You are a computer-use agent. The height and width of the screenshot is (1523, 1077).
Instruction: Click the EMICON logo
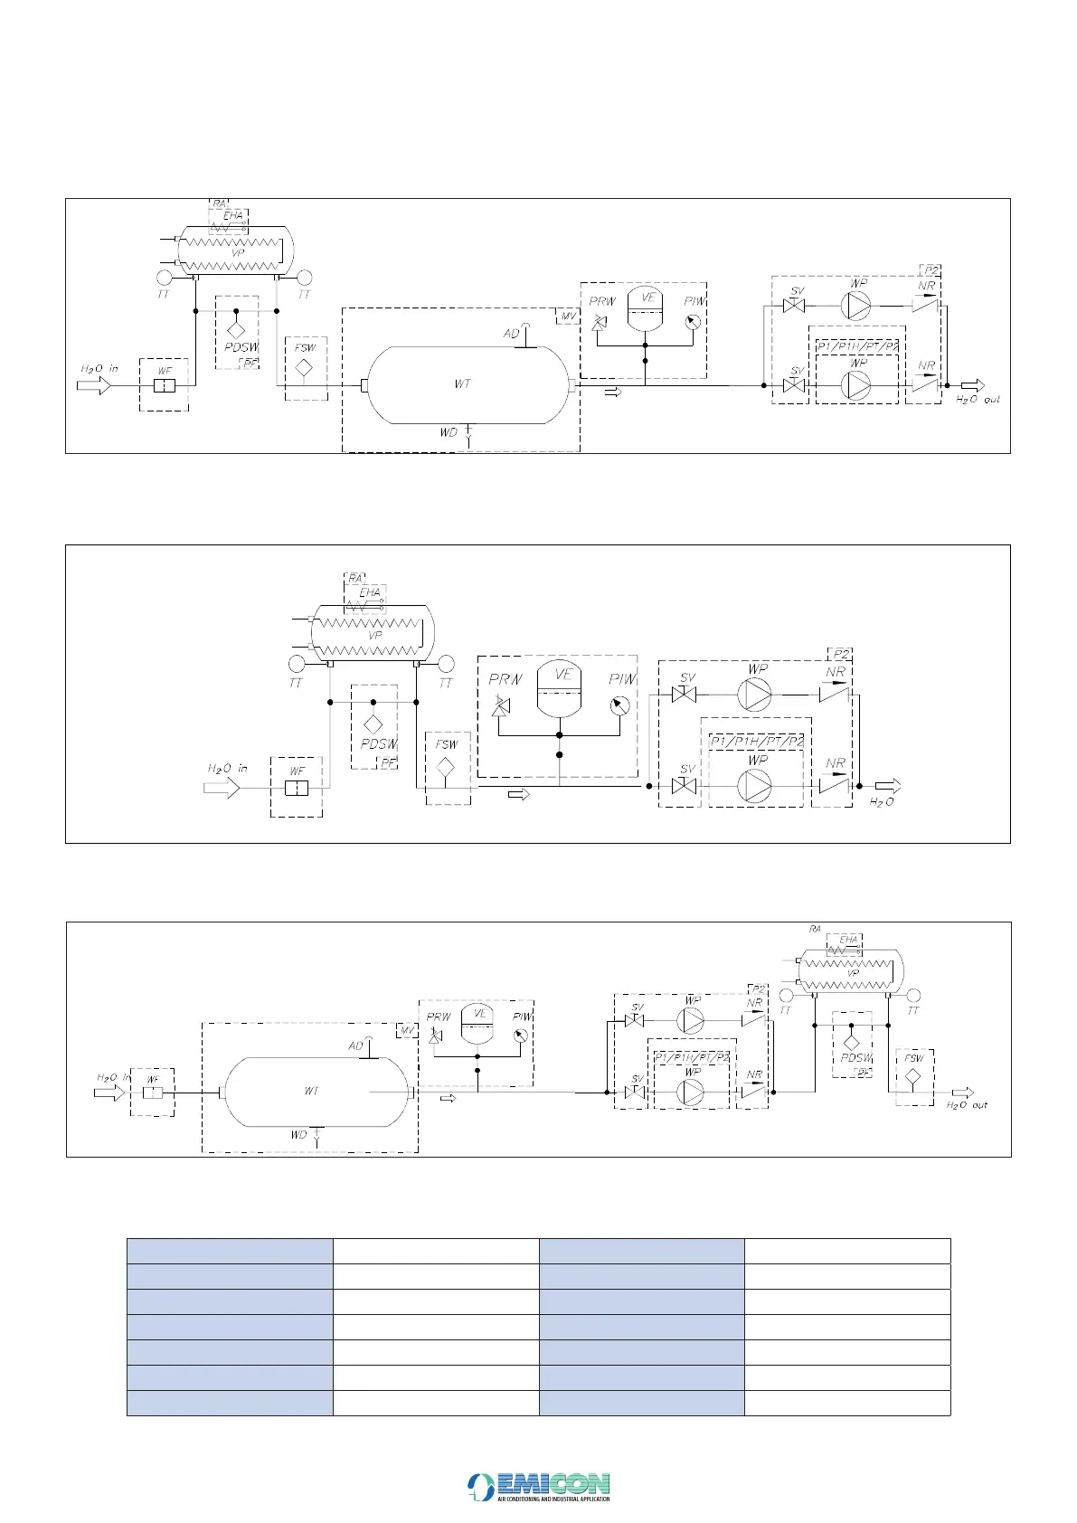(x=539, y=1486)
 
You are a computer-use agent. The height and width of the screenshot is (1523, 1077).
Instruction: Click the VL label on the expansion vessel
(x=480, y=1014)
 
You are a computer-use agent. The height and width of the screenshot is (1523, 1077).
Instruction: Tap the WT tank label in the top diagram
(x=462, y=384)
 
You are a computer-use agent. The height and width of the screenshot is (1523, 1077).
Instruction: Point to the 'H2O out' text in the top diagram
(x=978, y=399)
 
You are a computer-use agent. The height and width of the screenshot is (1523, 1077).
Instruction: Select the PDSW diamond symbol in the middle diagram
(x=373, y=724)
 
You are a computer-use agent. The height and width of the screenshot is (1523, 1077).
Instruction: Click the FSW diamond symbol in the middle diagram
(x=446, y=766)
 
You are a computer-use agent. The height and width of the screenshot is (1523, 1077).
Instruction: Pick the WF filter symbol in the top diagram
(x=164, y=386)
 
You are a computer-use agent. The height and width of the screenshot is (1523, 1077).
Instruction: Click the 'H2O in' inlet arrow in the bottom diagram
(x=109, y=1093)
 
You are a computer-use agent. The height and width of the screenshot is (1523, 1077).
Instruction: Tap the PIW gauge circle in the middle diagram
(x=619, y=705)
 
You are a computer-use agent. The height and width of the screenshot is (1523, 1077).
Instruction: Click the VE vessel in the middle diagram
(x=561, y=689)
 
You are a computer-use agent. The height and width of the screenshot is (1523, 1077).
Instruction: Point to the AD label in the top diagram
(x=512, y=334)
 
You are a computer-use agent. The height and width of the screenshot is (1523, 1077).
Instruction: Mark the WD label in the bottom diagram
(x=299, y=1135)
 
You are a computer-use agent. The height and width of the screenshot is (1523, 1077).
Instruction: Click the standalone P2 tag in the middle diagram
(x=841, y=654)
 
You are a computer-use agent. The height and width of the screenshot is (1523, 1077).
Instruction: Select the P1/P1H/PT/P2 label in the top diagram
(x=857, y=346)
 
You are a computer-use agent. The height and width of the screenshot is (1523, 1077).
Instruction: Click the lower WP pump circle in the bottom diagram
(x=691, y=1093)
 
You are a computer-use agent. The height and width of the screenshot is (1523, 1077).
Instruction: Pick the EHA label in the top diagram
(x=233, y=215)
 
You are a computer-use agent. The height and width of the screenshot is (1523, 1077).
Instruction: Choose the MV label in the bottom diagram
(x=407, y=1030)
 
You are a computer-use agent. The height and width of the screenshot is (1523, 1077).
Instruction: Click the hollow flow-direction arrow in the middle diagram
(x=519, y=795)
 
